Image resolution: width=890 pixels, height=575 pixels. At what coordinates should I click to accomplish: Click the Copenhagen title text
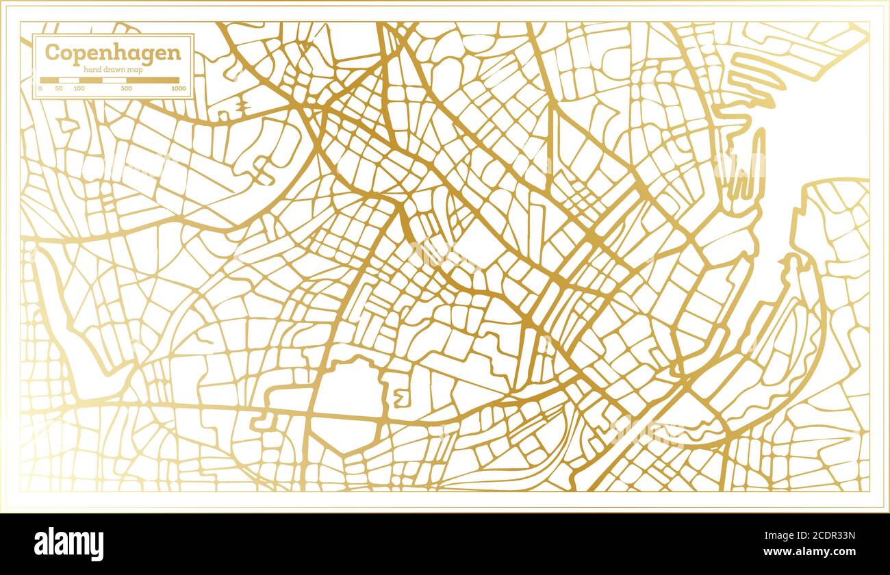pyautogui.click(x=113, y=53)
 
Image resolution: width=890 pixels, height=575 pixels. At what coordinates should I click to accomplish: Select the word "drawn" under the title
pyautogui.click(x=114, y=70)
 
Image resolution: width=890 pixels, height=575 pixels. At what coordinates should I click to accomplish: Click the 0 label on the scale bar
pyautogui.click(x=40, y=88)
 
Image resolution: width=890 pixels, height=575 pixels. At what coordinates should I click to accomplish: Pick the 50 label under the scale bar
pyautogui.click(x=59, y=88)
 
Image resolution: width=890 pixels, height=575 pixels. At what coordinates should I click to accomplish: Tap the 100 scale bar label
pyautogui.click(x=79, y=88)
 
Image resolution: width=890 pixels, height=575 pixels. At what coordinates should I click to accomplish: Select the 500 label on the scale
pyautogui.click(x=126, y=88)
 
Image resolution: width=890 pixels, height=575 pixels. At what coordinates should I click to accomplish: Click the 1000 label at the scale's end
pyautogui.click(x=179, y=88)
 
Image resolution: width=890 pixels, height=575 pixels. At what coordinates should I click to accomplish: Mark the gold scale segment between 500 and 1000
pyautogui.click(x=152, y=80)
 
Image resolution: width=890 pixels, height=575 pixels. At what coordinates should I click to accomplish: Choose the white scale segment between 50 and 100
pyautogui.click(x=69, y=80)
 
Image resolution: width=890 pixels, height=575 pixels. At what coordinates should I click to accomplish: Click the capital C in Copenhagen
pyautogui.click(x=52, y=53)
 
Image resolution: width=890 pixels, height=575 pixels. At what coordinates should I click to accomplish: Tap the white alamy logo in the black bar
pyautogui.click(x=69, y=544)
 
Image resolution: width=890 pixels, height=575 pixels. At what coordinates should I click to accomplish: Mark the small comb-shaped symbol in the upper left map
pyautogui.click(x=243, y=105)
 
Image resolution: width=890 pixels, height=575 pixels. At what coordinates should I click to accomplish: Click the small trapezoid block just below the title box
pyautogui.click(x=68, y=125)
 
